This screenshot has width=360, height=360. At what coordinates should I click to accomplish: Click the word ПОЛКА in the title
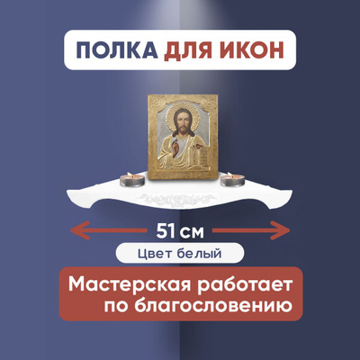(x=117, y=49)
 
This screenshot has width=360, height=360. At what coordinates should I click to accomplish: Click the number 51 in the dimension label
(x=166, y=231)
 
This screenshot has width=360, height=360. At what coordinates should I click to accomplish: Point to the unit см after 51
(x=193, y=233)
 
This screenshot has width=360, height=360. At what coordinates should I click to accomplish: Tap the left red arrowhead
(x=79, y=230)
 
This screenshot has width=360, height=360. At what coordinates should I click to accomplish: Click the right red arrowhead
(x=281, y=230)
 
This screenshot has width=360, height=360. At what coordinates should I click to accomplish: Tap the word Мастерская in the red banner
(x=130, y=284)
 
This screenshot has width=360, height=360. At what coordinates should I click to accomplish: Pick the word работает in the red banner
(x=245, y=284)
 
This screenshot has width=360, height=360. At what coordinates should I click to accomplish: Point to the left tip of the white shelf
(x=67, y=191)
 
